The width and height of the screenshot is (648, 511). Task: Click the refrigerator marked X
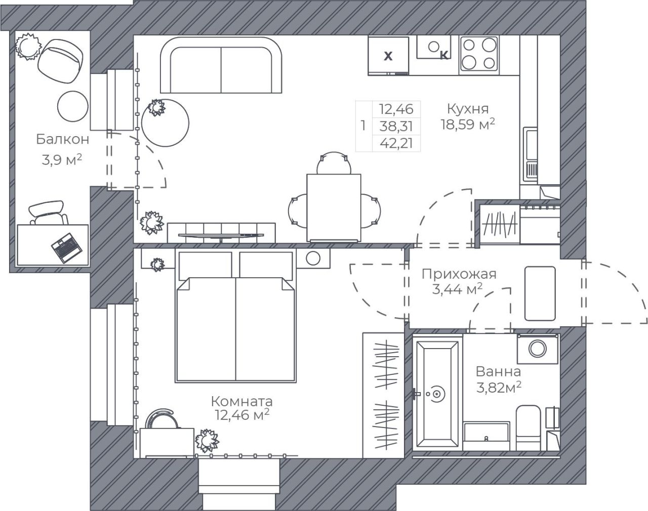point(388,56)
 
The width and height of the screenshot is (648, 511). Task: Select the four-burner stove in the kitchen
point(478,54)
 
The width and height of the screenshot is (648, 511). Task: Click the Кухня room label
point(468,109)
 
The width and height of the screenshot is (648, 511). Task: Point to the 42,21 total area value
point(396,143)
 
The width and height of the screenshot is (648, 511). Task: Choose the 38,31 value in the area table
point(396,126)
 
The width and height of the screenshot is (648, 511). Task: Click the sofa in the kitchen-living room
point(221,65)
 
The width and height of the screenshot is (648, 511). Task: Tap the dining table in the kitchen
point(334,208)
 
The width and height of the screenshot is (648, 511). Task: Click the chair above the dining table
point(334,162)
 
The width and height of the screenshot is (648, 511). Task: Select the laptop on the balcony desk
point(66,247)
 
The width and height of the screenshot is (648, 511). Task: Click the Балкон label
point(63,139)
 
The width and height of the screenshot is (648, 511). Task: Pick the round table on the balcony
point(72,106)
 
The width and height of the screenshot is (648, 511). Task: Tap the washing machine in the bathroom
point(538,349)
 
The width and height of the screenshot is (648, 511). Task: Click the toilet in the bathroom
point(528,428)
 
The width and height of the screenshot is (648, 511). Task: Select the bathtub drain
point(436,393)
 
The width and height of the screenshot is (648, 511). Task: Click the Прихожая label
point(459,274)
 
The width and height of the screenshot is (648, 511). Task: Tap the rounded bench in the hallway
point(540,293)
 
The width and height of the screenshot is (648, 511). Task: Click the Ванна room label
point(498,372)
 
